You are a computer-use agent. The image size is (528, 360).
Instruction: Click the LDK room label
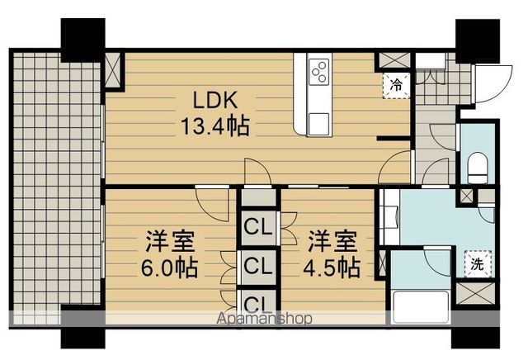pyautogui.click(x=215, y=100)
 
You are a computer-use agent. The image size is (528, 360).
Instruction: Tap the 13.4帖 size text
pyautogui.click(x=215, y=126)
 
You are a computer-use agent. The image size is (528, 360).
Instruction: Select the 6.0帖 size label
pyautogui.click(x=169, y=268)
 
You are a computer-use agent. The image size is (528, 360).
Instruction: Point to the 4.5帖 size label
pyautogui.click(x=332, y=268)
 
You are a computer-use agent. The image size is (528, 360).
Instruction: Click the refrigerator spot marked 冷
pyautogui.click(x=396, y=85)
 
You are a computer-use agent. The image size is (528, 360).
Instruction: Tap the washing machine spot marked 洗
pyautogui.click(x=477, y=264)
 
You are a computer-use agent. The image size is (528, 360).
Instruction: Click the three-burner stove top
pyautogui.click(x=319, y=72)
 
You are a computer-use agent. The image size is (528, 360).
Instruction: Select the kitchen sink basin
pyautogui.click(x=318, y=124)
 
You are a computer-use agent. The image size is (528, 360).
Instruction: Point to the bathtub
pyautogui.click(x=421, y=306)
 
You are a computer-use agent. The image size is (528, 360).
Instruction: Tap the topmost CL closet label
pyautogui.click(x=258, y=228)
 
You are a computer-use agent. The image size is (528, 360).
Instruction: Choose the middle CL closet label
pyautogui.click(x=258, y=266)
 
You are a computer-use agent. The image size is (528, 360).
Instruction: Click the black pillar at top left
pyautogui.click(x=82, y=40)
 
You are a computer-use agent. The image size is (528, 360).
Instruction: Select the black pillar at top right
pyautogui.click(x=478, y=41)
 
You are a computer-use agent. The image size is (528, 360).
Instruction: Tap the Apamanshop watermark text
pyautogui.click(x=265, y=318)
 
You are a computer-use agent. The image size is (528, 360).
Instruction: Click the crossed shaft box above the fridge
pyautogui.click(x=394, y=61)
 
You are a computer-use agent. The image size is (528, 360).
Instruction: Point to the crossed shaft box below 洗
pyautogui.click(x=475, y=293)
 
